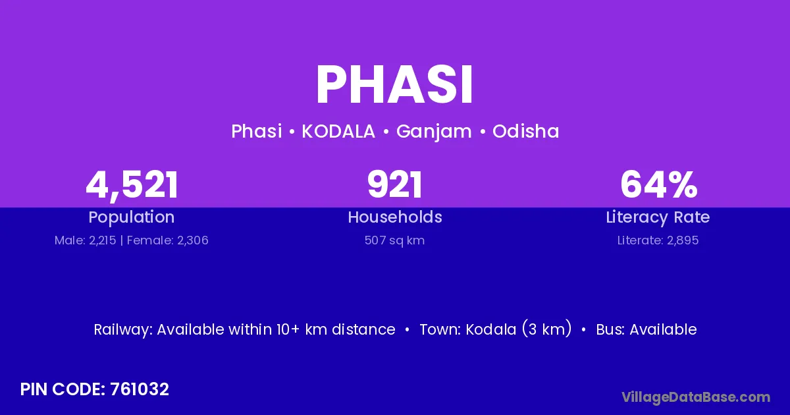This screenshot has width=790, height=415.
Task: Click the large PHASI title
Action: [394, 85]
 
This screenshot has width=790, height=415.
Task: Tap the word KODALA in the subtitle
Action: [338, 131]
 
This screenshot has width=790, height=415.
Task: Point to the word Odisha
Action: [526, 131]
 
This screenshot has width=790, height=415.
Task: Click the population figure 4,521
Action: [132, 186]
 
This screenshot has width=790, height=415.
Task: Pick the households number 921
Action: [394, 184]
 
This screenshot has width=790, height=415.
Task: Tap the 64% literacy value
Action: [659, 184]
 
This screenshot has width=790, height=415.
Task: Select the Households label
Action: [395, 217]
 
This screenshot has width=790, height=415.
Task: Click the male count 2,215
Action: [102, 240]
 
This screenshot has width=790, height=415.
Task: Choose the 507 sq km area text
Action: [394, 240]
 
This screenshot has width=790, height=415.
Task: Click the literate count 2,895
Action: [683, 240]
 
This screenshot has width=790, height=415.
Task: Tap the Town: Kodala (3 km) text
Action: [496, 329]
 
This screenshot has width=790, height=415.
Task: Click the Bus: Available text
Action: [646, 329]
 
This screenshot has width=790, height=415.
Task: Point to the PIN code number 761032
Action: [140, 389]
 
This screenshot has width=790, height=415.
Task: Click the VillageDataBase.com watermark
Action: [696, 398]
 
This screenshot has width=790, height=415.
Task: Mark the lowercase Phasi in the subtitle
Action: [256, 131]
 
